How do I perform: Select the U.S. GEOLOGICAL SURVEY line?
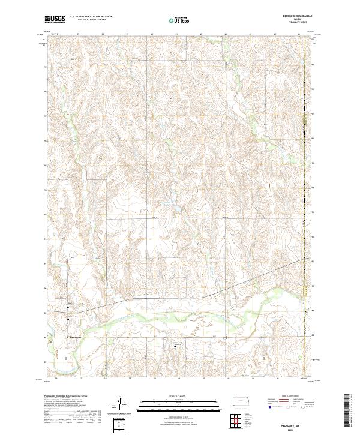click(88, 21)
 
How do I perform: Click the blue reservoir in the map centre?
click(176, 209)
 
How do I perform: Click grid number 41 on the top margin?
click(176, 34)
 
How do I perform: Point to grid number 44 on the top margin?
click(250, 34)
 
